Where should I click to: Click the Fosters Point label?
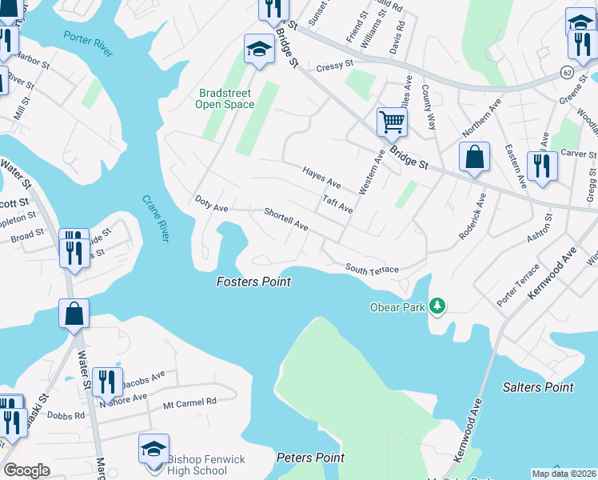[x=253, y=282]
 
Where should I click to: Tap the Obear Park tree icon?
[x=437, y=306]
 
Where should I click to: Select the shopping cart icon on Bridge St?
[x=393, y=122]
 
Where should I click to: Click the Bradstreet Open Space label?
[x=225, y=99]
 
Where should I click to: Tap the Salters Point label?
[x=538, y=387]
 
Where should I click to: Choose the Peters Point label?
[x=310, y=458]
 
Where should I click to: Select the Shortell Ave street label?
[x=286, y=219]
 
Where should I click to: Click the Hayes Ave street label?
[x=321, y=178]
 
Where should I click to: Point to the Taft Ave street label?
[x=337, y=202]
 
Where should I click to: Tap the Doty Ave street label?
[x=212, y=203]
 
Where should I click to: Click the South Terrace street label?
[x=372, y=270]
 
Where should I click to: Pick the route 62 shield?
[x=567, y=72]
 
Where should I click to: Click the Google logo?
[x=26, y=470]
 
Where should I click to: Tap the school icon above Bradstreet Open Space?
[x=258, y=49]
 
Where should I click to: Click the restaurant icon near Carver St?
[x=542, y=166]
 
